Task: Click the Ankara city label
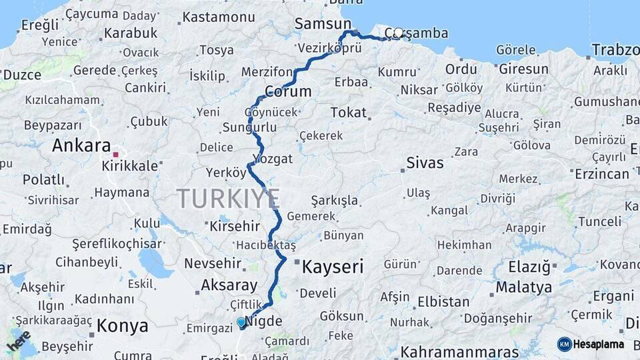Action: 81,145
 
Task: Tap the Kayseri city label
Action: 333,267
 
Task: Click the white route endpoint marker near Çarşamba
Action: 399,33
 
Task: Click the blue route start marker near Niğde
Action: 241,322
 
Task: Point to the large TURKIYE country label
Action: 228,199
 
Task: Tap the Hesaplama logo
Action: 591,344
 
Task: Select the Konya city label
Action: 122,326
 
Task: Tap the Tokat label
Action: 348,112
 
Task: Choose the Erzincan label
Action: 601,174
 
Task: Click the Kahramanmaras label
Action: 459,351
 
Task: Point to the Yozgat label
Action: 272,159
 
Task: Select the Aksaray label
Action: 229,285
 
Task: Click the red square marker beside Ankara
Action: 115,155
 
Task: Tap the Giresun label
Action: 523,69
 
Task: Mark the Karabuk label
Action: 131,33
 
